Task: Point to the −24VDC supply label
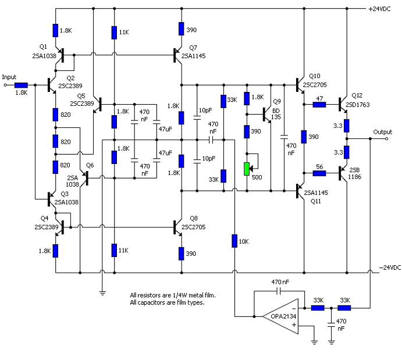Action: pos(389,268)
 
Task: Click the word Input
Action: pos(9,77)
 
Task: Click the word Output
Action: pos(383,132)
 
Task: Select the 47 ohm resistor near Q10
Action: pos(319,105)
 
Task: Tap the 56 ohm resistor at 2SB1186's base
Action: pos(319,172)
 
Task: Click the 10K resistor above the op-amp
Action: pos(234,240)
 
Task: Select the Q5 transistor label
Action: pos(80,95)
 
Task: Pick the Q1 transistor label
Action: pos(43,46)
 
